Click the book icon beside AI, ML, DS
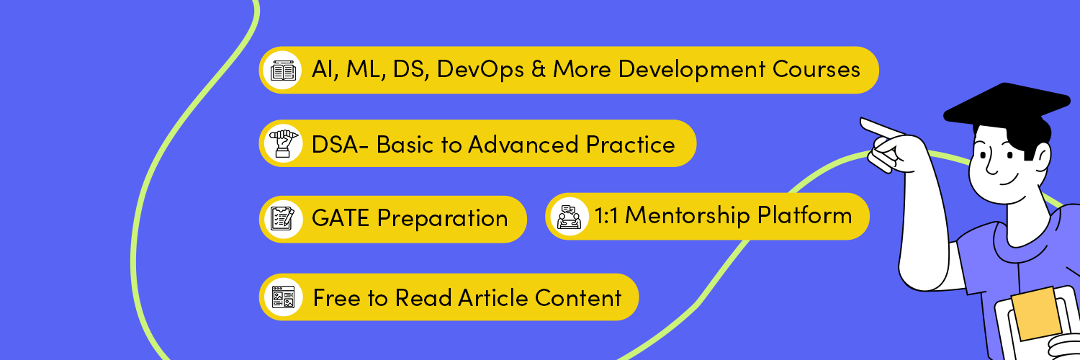tap(282, 71)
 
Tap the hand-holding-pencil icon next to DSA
tap(282, 144)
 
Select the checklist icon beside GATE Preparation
tap(282, 219)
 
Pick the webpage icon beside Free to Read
tap(282, 297)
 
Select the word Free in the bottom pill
tap(336, 297)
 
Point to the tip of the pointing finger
tap(863, 121)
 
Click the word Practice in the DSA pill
tap(630, 145)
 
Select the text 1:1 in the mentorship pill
tap(606, 216)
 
